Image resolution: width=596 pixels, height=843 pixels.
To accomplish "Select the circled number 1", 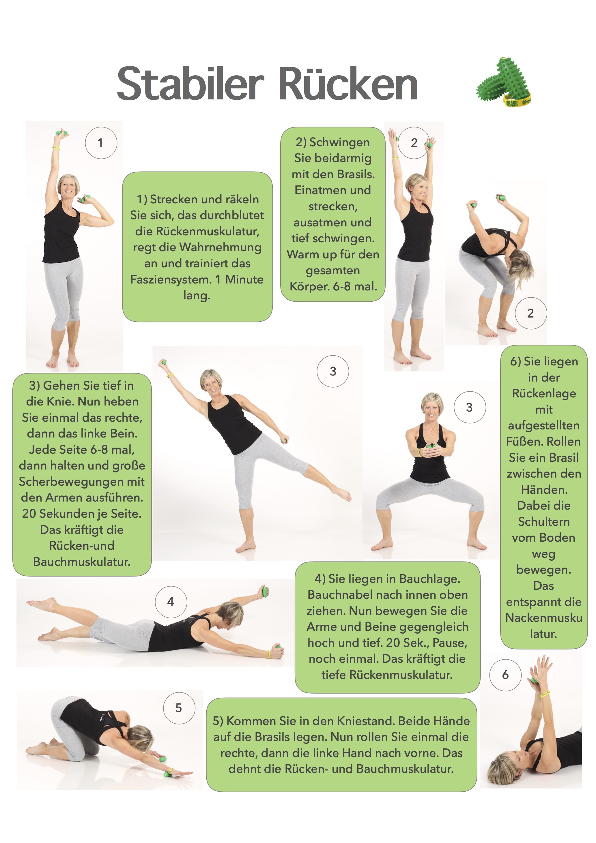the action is (101, 143).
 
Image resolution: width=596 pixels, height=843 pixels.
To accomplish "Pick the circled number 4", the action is (171, 602).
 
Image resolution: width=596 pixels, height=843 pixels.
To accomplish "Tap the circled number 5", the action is (179, 708).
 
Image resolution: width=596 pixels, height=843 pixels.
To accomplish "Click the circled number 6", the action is (505, 675).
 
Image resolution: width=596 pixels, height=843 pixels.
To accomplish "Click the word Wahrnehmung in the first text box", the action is (220, 247).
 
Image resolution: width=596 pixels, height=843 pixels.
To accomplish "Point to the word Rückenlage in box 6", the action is (544, 394).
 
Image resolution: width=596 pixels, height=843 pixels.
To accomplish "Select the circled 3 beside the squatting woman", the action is (470, 407).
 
